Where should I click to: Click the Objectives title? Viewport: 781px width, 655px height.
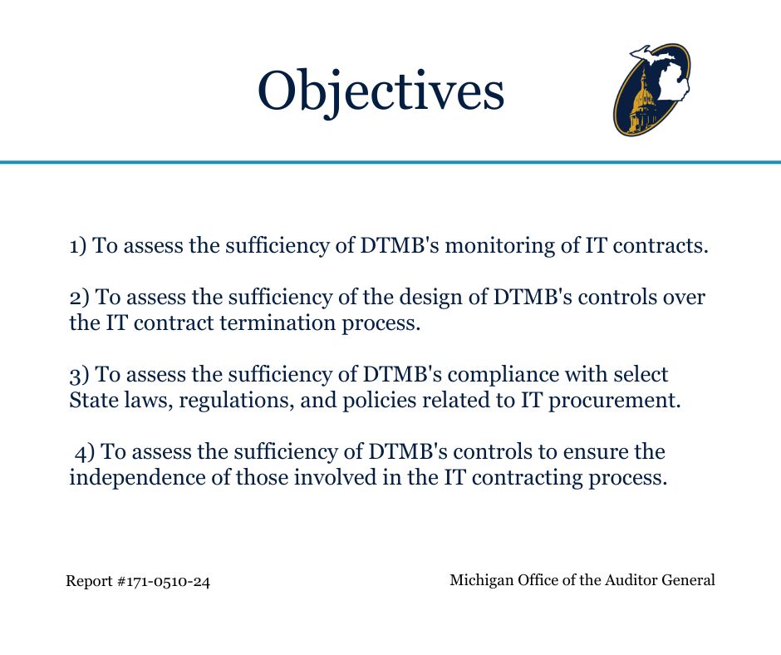(x=381, y=91)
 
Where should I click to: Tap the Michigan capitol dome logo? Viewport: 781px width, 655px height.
(x=652, y=91)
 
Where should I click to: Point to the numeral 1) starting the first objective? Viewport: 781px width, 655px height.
(x=78, y=246)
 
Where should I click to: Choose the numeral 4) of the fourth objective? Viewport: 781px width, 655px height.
(x=86, y=452)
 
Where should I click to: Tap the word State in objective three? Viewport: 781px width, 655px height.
(x=91, y=400)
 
